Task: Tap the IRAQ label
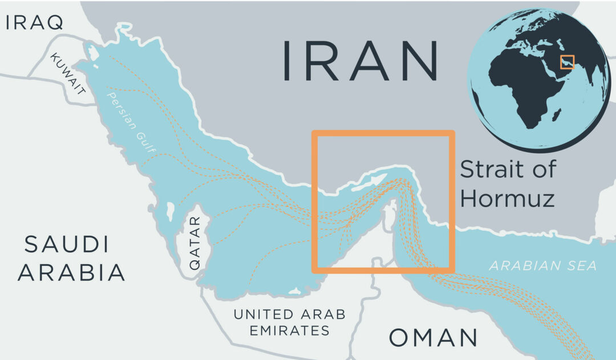point(34,23)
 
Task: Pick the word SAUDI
point(66,245)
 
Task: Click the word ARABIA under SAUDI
point(71,273)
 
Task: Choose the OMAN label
point(433,338)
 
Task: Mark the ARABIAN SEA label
point(542,265)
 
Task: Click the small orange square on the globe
point(567,62)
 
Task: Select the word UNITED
point(265,314)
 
